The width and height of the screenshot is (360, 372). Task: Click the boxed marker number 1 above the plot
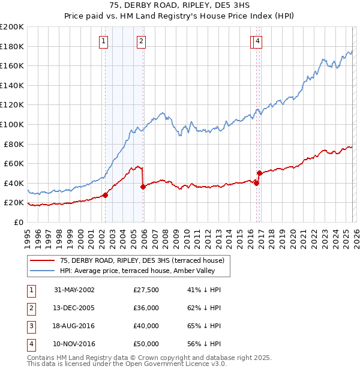[x=104, y=41]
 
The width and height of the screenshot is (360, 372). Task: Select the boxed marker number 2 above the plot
[x=140, y=41]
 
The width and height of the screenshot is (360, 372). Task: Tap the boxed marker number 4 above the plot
[x=257, y=41]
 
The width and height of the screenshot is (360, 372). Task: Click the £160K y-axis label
[x=11, y=65]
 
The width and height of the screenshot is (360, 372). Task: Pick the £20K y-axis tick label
[x=14, y=203]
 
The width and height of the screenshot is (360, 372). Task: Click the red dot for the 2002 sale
[x=106, y=195]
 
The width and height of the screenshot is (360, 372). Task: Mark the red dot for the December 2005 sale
[x=143, y=187]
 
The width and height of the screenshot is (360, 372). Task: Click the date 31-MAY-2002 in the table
[x=74, y=290]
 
